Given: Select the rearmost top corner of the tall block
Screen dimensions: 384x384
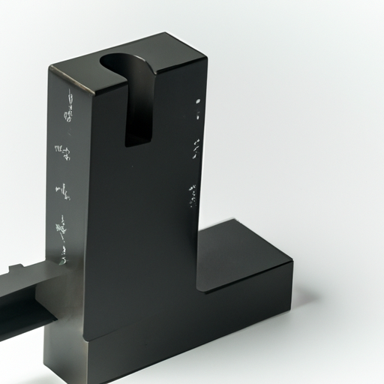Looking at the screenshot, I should click(163, 33).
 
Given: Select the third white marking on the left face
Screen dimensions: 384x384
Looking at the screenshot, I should click(64, 190).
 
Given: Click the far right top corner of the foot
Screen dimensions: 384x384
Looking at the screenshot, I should click(292, 262).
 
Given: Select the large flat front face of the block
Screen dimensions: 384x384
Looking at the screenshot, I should click(142, 225).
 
